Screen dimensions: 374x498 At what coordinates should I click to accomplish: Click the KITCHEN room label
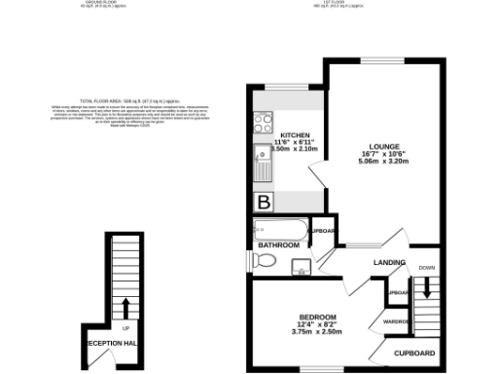(296, 135)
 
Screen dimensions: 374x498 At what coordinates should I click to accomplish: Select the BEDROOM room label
(317, 318)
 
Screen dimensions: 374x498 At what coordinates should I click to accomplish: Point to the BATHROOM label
(277, 245)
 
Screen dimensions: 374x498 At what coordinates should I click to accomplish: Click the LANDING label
(390, 263)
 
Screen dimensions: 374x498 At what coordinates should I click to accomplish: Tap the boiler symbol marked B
(264, 203)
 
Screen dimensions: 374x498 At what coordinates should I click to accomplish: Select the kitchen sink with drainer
(263, 165)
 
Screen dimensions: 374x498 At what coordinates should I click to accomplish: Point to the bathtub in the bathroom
(281, 232)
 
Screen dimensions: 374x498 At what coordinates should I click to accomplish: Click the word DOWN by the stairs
(426, 267)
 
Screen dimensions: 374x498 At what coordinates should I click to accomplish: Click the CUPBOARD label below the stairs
(413, 352)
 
